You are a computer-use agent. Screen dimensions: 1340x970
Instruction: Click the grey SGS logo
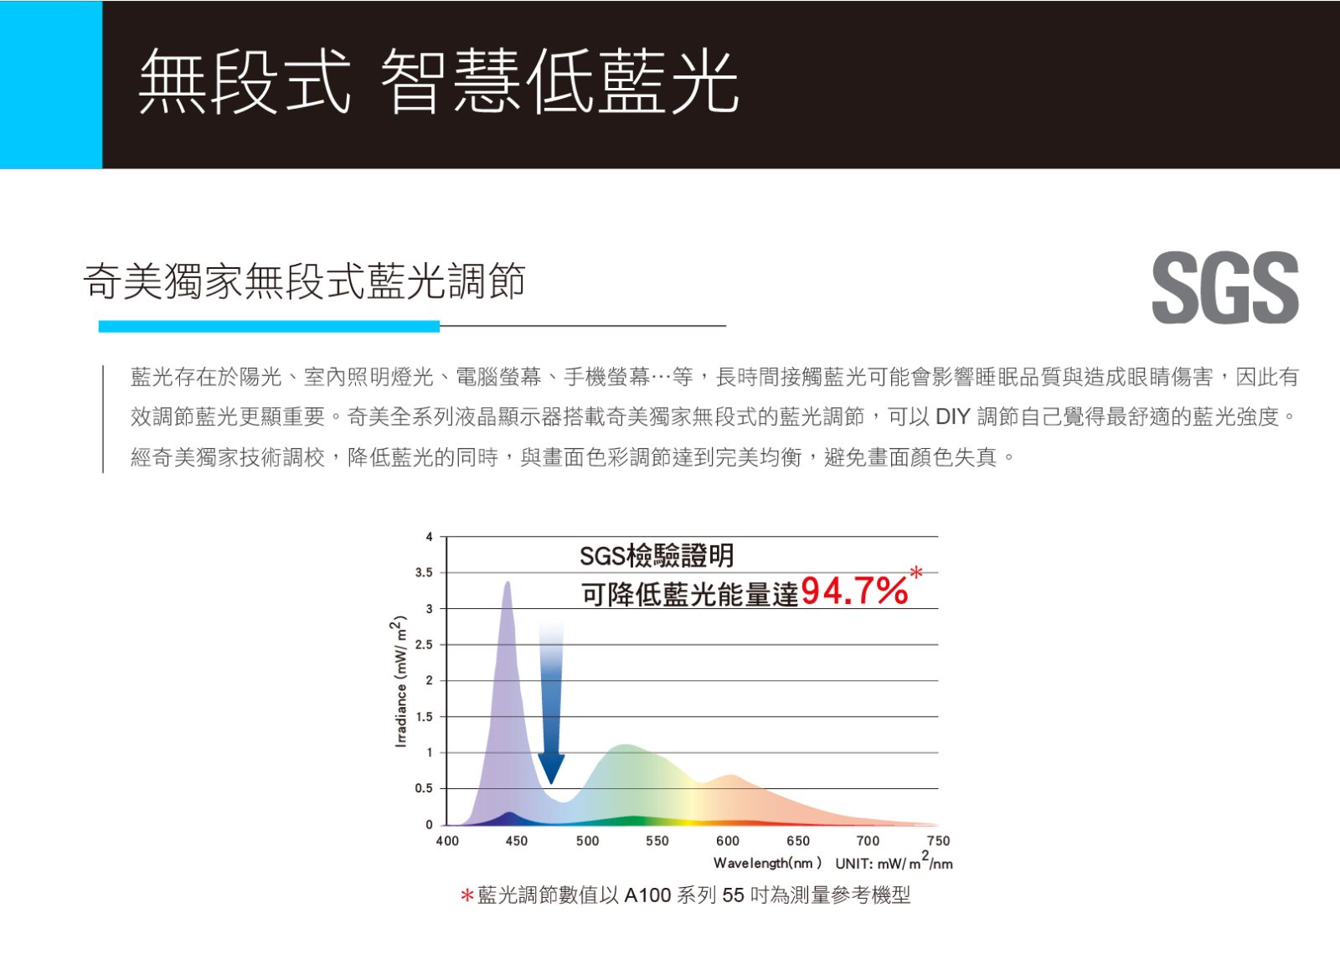click(x=1225, y=287)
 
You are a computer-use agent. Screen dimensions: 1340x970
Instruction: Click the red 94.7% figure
click(x=854, y=591)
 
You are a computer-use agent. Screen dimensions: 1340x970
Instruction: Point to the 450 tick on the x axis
click(x=516, y=841)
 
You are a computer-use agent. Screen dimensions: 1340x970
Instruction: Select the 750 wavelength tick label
click(x=938, y=841)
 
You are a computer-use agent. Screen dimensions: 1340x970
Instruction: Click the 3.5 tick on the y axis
click(x=424, y=573)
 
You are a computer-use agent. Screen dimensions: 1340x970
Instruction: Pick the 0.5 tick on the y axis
click(x=424, y=788)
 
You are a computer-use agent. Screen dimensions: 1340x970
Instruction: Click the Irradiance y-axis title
click(x=400, y=680)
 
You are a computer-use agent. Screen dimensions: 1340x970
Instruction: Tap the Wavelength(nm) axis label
click(x=767, y=863)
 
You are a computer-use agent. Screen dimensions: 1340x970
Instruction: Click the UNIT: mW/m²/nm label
click(x=894, y=862)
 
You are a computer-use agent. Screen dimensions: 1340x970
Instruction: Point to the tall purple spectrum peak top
click(x=508, y=581)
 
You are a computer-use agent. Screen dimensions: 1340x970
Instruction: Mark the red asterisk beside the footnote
click(x=467, y=895)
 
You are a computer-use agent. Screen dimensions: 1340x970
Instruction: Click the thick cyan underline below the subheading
click(x=269, y=326)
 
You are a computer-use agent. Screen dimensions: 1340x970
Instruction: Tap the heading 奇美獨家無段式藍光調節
click(x=305, y=281)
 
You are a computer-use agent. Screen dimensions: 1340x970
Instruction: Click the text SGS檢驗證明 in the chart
click(x=657, y=556)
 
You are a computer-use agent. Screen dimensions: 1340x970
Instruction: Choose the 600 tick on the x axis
click(x=728, y=841)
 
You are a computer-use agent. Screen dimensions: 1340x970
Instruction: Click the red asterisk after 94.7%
click(x=916, y=573)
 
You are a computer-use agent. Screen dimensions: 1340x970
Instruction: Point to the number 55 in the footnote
click(x=733, y=895)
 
